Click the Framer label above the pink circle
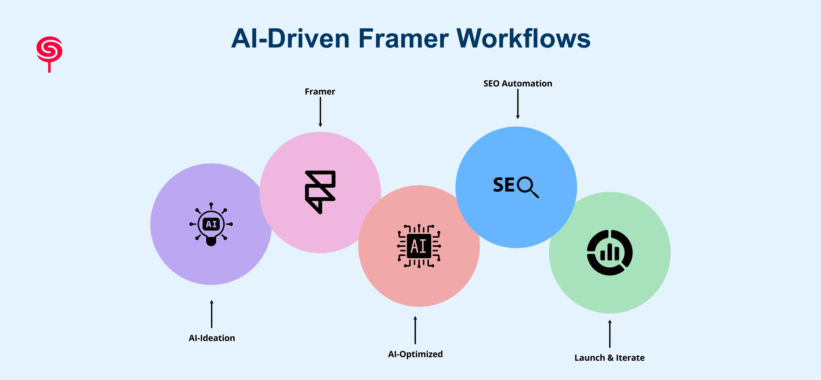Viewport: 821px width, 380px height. pyautogui.click(x=320, y=92)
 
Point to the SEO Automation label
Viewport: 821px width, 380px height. pyautogui.click(x=518, y=83)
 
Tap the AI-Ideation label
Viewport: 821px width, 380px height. pyautogui.click(x=212, y=338)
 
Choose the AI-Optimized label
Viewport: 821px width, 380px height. pyautogui.click(x=415, y=354)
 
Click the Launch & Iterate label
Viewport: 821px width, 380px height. pyautogui.click(x=609, y=358)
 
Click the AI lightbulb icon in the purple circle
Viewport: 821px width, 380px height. pyautogui.click(x=211, y=224)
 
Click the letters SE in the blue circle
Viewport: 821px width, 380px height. pyautogui.click(x=504, y=185)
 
